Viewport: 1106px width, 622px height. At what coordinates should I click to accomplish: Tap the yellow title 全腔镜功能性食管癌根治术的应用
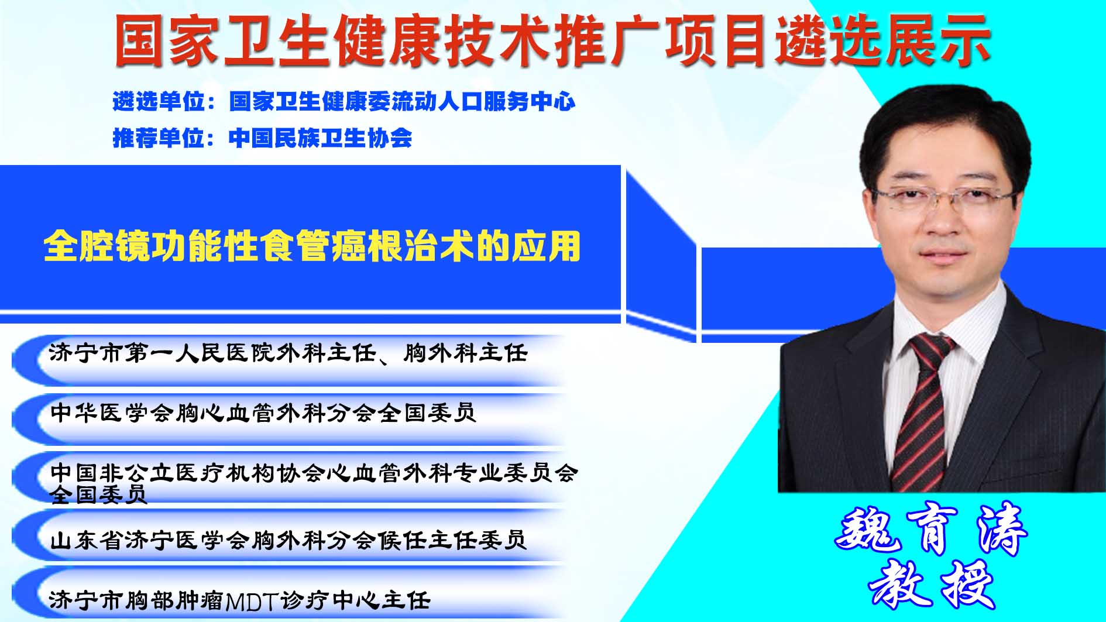[x=312, y=246]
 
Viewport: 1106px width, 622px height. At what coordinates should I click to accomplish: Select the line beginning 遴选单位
[x=344, y=102]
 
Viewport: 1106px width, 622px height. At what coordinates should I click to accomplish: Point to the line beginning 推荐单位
[x=262, y=138]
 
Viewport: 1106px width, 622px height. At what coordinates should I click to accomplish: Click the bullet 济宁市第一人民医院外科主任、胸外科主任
[x=288, y=353]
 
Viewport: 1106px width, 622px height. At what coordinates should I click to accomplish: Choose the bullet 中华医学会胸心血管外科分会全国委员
[x=263, y=413]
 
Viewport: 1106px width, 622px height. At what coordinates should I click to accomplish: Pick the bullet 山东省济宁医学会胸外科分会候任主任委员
[x=288, y=539]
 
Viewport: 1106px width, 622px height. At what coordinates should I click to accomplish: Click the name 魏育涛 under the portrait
[x=930, y=528]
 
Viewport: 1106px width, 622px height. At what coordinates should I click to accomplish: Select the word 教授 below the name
[x=932, y=584]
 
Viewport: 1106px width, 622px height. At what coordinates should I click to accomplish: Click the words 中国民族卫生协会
[x=321, y=138]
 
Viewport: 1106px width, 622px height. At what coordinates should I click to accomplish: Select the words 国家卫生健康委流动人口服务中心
[x=403, y=102]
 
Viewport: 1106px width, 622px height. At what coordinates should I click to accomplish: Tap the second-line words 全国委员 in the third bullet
[x=98, y=494]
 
